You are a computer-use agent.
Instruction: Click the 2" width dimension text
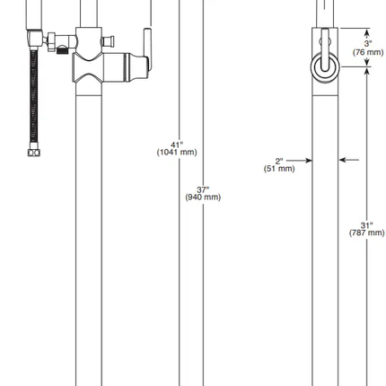[279, 160]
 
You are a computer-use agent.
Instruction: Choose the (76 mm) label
[368, 51]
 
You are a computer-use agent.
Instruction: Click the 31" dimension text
[367, 224]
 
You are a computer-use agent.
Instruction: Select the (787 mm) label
[367, 232]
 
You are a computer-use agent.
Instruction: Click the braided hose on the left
[34, 99]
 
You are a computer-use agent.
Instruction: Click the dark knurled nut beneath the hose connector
[62, 51]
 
